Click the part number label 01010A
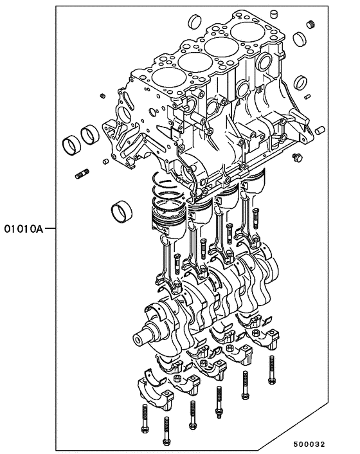click(24, 228)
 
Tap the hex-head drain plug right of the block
click(296, 158)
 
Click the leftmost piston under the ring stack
click(166, 221)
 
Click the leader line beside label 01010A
click(50, 228)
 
